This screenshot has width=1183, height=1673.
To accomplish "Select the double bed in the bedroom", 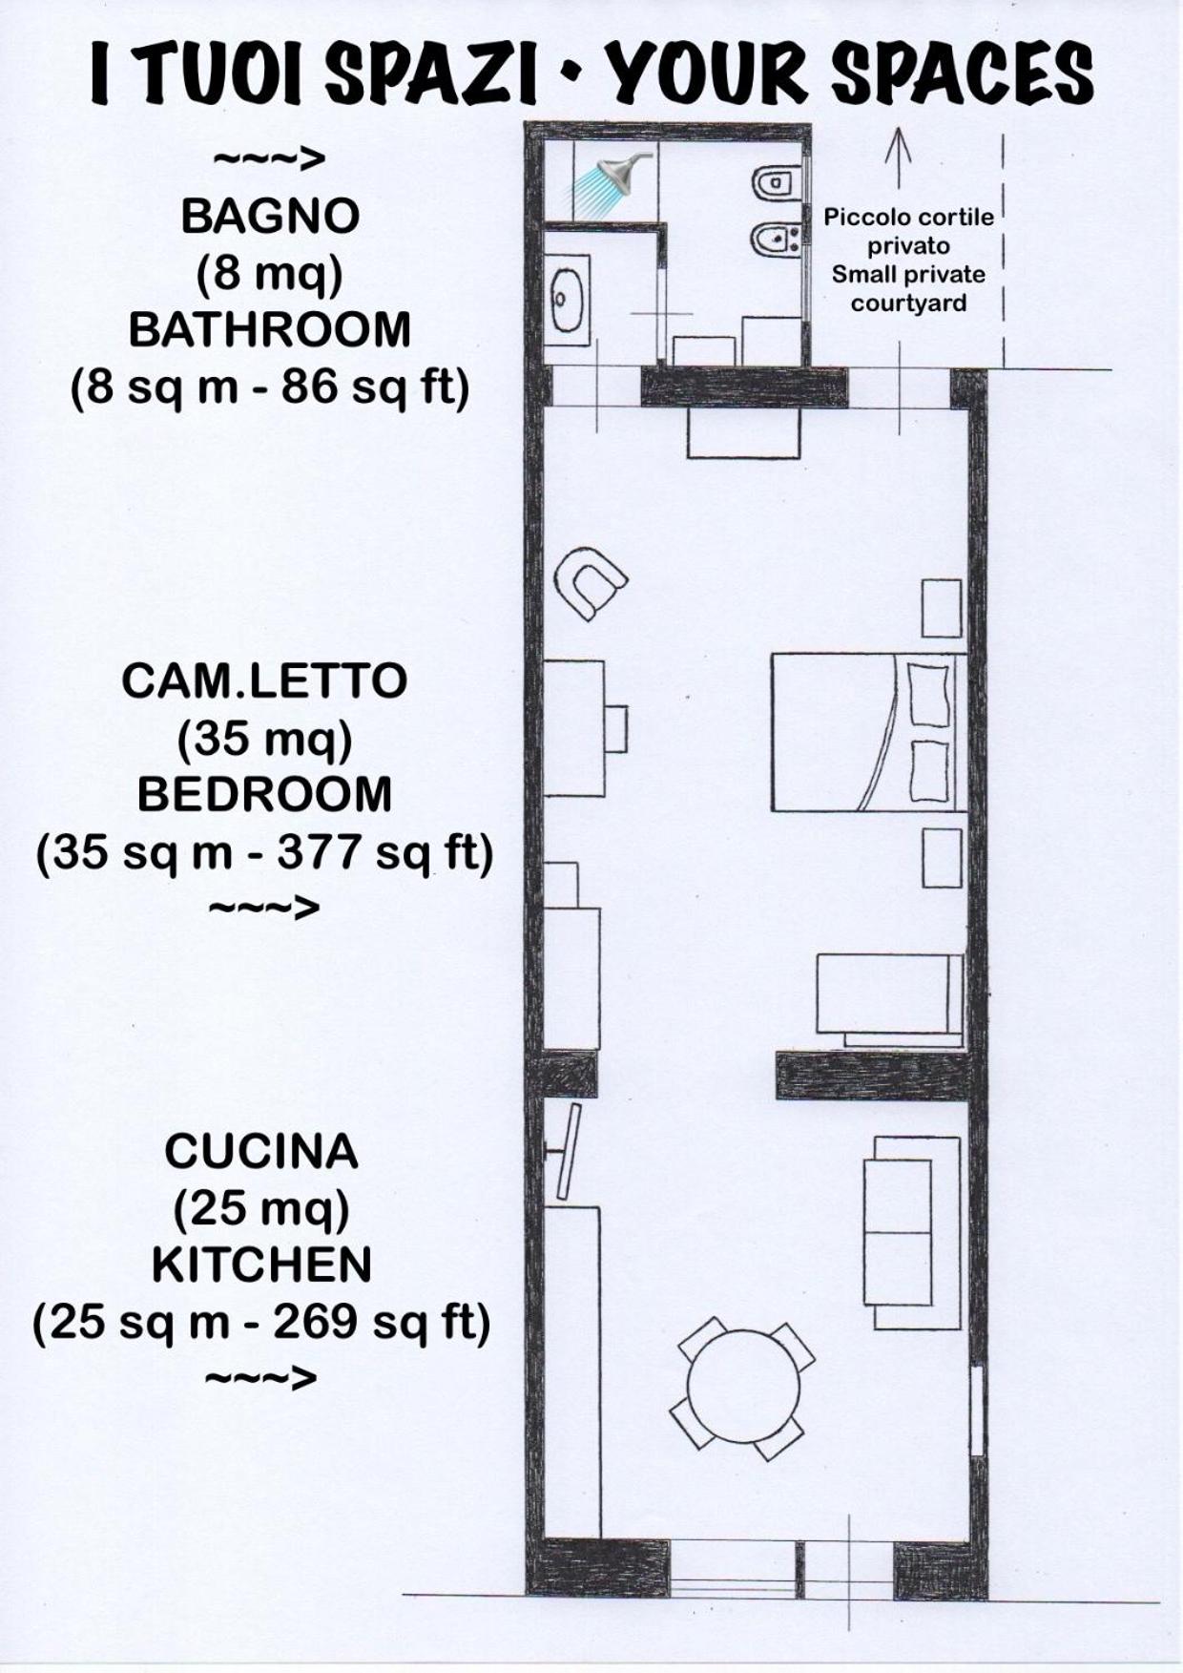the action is coord(868,732).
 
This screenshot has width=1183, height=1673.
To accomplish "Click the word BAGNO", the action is coord(270,217).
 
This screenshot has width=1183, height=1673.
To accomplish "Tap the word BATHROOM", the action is coord(270,330).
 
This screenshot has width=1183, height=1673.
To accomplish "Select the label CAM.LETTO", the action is coord(264,681).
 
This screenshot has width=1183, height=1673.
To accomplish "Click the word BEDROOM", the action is coord(264,794).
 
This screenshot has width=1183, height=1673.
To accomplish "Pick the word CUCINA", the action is coord(261,1152).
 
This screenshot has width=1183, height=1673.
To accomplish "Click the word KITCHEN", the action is coord(261,1265).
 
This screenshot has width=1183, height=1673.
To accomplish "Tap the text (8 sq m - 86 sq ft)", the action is coord(270,389).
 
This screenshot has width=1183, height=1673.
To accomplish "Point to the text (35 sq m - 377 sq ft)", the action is coord(264,853).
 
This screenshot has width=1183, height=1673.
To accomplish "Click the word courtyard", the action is coord(908,304).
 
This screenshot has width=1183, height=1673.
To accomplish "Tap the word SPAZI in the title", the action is coord(429,74).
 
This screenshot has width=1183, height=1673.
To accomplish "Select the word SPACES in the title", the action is coord(963,74).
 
